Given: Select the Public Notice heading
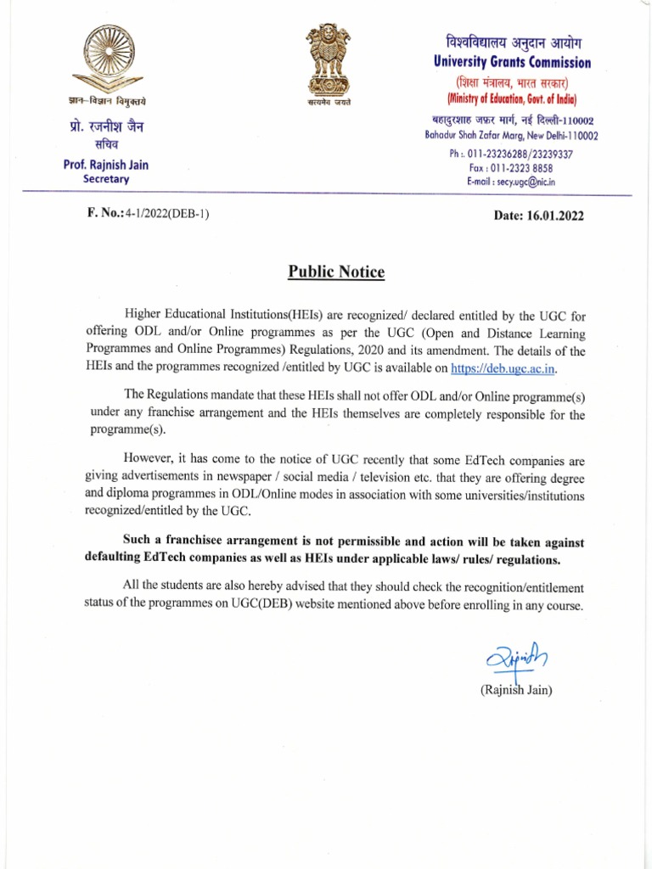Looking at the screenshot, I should pos(336,272).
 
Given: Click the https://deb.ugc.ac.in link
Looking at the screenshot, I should pos(503,369).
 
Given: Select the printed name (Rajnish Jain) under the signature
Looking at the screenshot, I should pos(516,691).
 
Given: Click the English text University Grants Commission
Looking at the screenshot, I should pos(512,62).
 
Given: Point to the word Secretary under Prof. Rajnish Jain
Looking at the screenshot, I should pos(106,179).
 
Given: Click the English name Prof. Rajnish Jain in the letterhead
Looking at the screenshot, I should pos(106,165).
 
